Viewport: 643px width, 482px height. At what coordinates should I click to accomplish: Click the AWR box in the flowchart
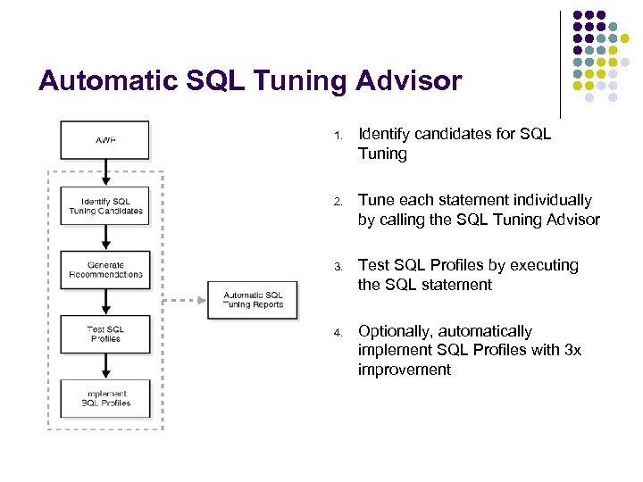click(x=105, y=140)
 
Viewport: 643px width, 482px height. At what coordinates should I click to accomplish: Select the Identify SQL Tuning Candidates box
click(x=105, y=206)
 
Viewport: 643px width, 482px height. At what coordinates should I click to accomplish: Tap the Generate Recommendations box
click(x=105, y=270)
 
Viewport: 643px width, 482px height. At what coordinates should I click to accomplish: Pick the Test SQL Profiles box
click(x=105, y=334)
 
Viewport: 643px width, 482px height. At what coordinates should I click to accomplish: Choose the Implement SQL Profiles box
click(x=105, y=398)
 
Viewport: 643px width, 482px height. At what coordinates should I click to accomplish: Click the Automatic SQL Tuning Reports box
click(x=253, y=300)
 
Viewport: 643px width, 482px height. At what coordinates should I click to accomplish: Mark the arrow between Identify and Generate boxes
click(x=105, y=237)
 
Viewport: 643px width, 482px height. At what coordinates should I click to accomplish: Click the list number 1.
click(x=338, y=137)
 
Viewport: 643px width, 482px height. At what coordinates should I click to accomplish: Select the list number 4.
click(x=338, y=333)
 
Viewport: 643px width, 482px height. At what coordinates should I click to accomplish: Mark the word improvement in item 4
click(x=405, y=370)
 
